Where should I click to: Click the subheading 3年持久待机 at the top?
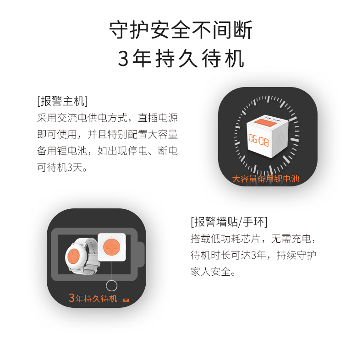181,58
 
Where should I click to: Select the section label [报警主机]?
62,101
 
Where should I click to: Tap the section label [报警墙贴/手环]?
229,222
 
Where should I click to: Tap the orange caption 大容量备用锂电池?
265,179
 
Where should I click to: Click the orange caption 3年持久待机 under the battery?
93,298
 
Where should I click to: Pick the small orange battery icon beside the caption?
126,300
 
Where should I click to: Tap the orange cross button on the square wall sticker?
112,247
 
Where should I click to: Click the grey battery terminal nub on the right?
141,254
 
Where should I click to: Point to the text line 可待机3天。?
62,167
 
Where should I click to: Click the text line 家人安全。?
213,272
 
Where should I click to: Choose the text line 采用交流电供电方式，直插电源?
107,118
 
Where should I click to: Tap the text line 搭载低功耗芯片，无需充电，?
253,238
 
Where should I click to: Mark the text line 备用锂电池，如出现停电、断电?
107,151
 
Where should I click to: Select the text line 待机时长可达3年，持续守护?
253,255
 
